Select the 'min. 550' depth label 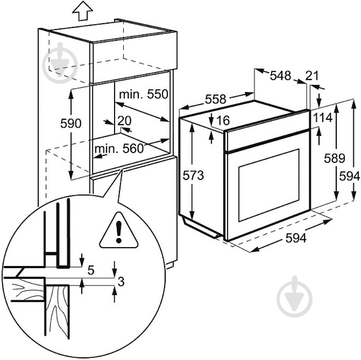pos(143,94)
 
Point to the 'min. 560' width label pos(119,148)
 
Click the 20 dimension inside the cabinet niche pos(124,121)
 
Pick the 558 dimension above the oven pos(215,99)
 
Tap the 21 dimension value pos(312,76)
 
